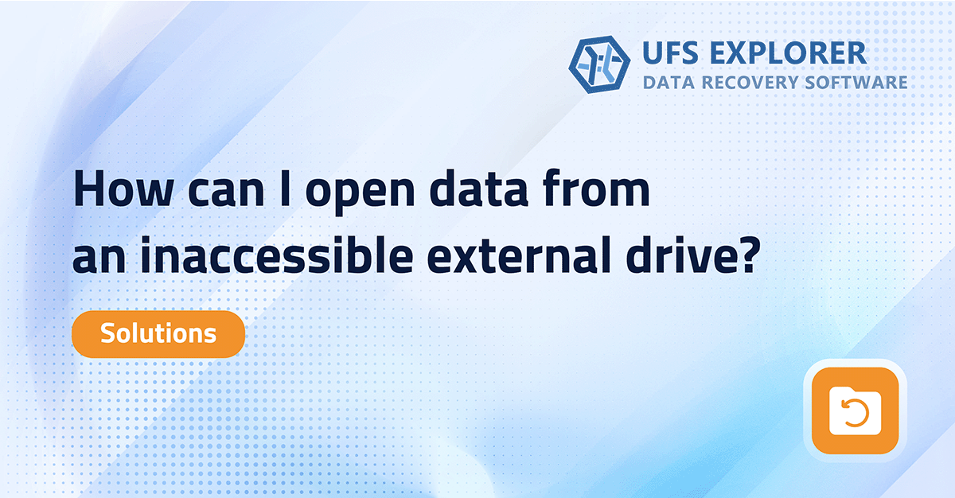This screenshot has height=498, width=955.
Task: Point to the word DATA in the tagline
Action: tap(668, 83)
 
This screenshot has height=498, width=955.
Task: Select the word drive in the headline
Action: tap(684, 257)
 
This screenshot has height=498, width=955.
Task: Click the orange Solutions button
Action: tap(158, 334)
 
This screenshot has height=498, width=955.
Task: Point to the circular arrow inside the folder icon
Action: tap(855, 414)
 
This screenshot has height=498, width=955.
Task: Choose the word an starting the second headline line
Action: tap(97, 260)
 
